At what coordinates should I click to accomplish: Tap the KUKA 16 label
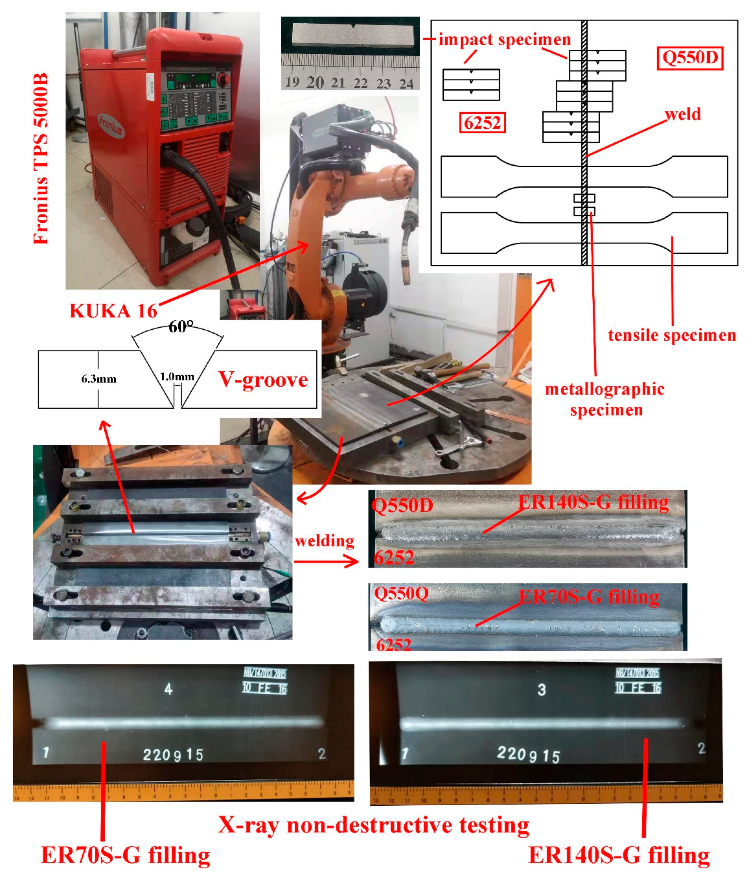coord(113,311)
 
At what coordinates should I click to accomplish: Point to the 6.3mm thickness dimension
coord(99,379)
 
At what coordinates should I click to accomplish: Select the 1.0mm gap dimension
coord(177,377)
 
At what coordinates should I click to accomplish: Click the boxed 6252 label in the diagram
coord(482,123)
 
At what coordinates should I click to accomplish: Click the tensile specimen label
coord(672,335)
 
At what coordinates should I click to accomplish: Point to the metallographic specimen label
coord(605,399)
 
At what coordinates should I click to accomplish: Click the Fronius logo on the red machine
coord(112,125)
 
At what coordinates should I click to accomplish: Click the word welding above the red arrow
coord(325,541)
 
